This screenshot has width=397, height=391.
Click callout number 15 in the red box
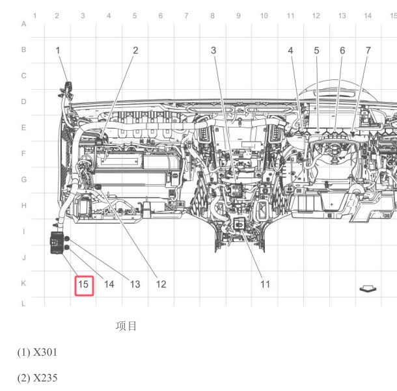tap(83, 284)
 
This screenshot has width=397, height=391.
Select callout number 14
tap(109, 284)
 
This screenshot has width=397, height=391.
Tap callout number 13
tap(135, 284)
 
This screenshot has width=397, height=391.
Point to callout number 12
tap(161, 284)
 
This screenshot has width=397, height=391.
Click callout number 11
tap(265, 284)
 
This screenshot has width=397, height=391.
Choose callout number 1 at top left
tap(58, 50)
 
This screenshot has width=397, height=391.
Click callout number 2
tap(135, 50)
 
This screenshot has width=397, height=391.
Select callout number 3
tap(213, 50)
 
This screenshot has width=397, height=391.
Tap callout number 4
tap(291, 50)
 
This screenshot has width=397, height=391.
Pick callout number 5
tap(316, 50)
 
